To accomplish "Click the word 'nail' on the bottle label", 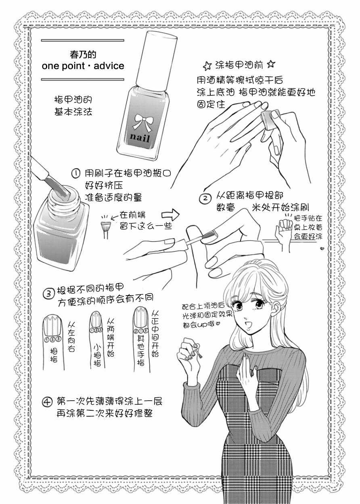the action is coord(140,137).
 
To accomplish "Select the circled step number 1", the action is coord(76,174).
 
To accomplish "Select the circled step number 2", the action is coord(206,198).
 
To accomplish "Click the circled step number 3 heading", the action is coord(49,294).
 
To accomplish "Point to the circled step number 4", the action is coord(47,401).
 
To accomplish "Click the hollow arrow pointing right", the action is coord(171,215).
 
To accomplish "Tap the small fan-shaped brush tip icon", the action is coord(105,227).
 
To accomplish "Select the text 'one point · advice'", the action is coord(83,66).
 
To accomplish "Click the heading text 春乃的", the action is coord(83,55).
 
